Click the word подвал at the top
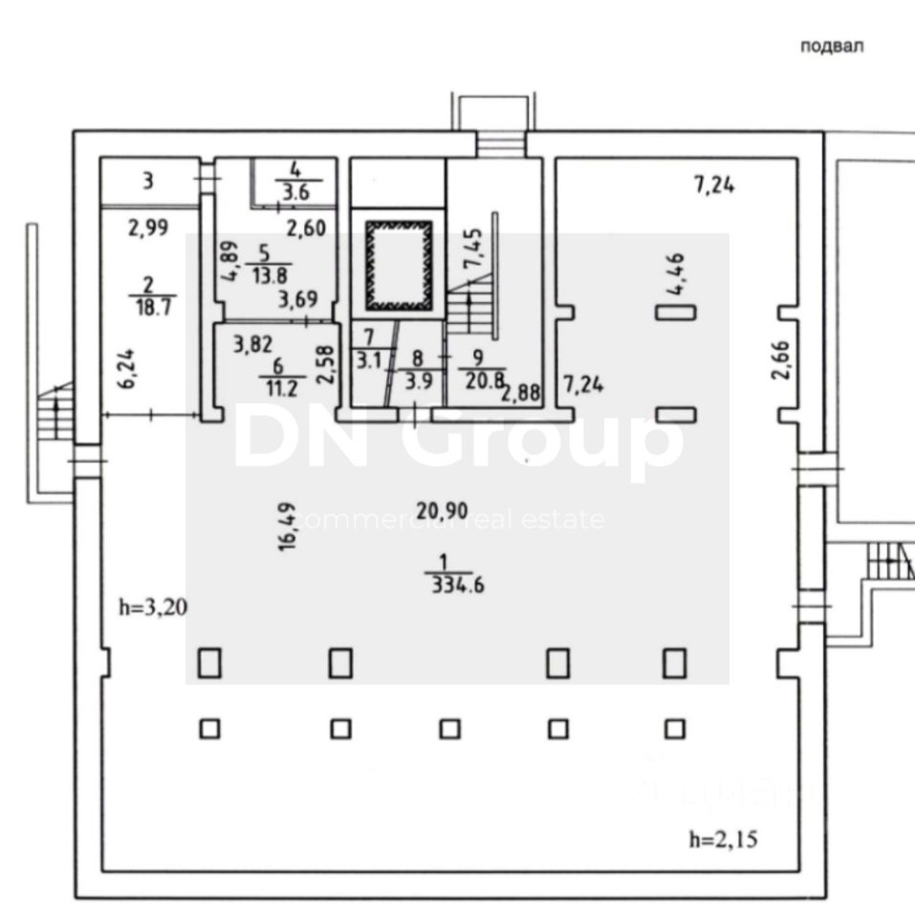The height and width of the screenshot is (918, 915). click(x=832, y=47)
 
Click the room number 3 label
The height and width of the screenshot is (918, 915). click(x=148, y=181)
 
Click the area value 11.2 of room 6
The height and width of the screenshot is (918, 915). click(x=276, y=386)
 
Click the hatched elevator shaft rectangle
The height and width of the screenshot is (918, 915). click(x=398, y=265)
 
